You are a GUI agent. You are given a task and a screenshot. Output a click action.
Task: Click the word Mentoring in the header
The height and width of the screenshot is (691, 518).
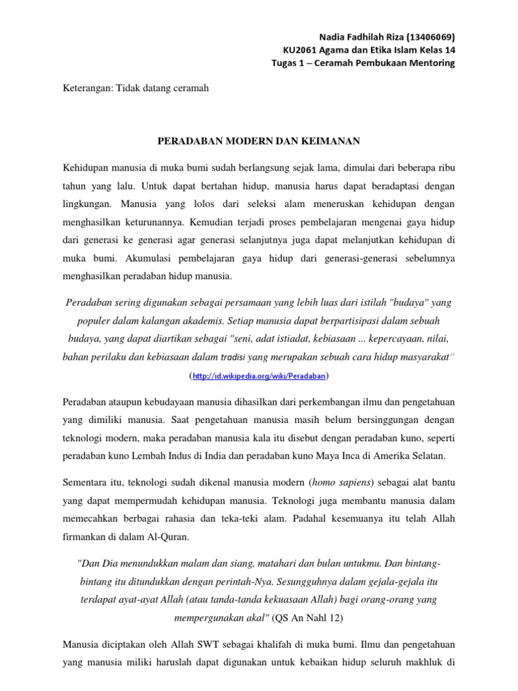click(x=432, y=63)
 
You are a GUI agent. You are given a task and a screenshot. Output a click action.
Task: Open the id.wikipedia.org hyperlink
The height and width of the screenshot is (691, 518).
click(x=259, y=375)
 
